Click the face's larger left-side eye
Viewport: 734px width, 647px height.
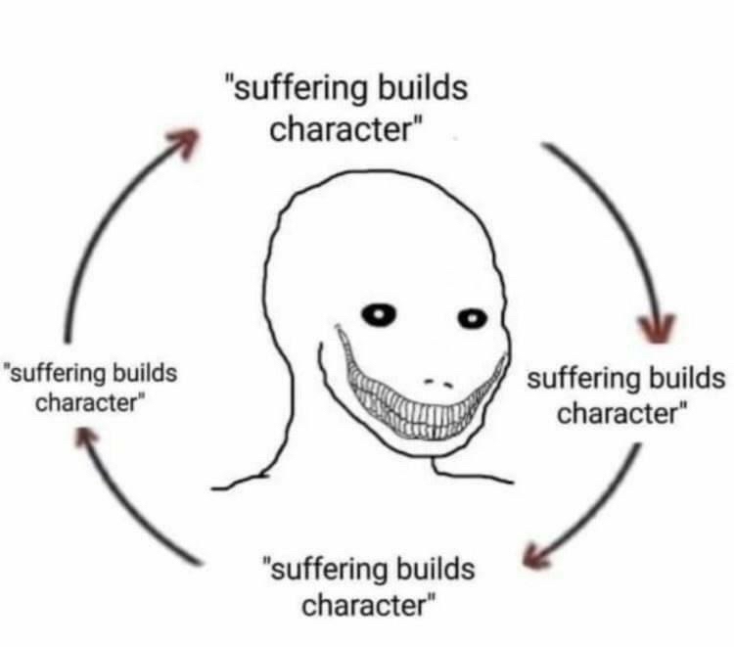pyautogui.click(x=381, y=314)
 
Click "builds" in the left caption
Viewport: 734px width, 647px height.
pyautogui.click(x=145, y=373)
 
